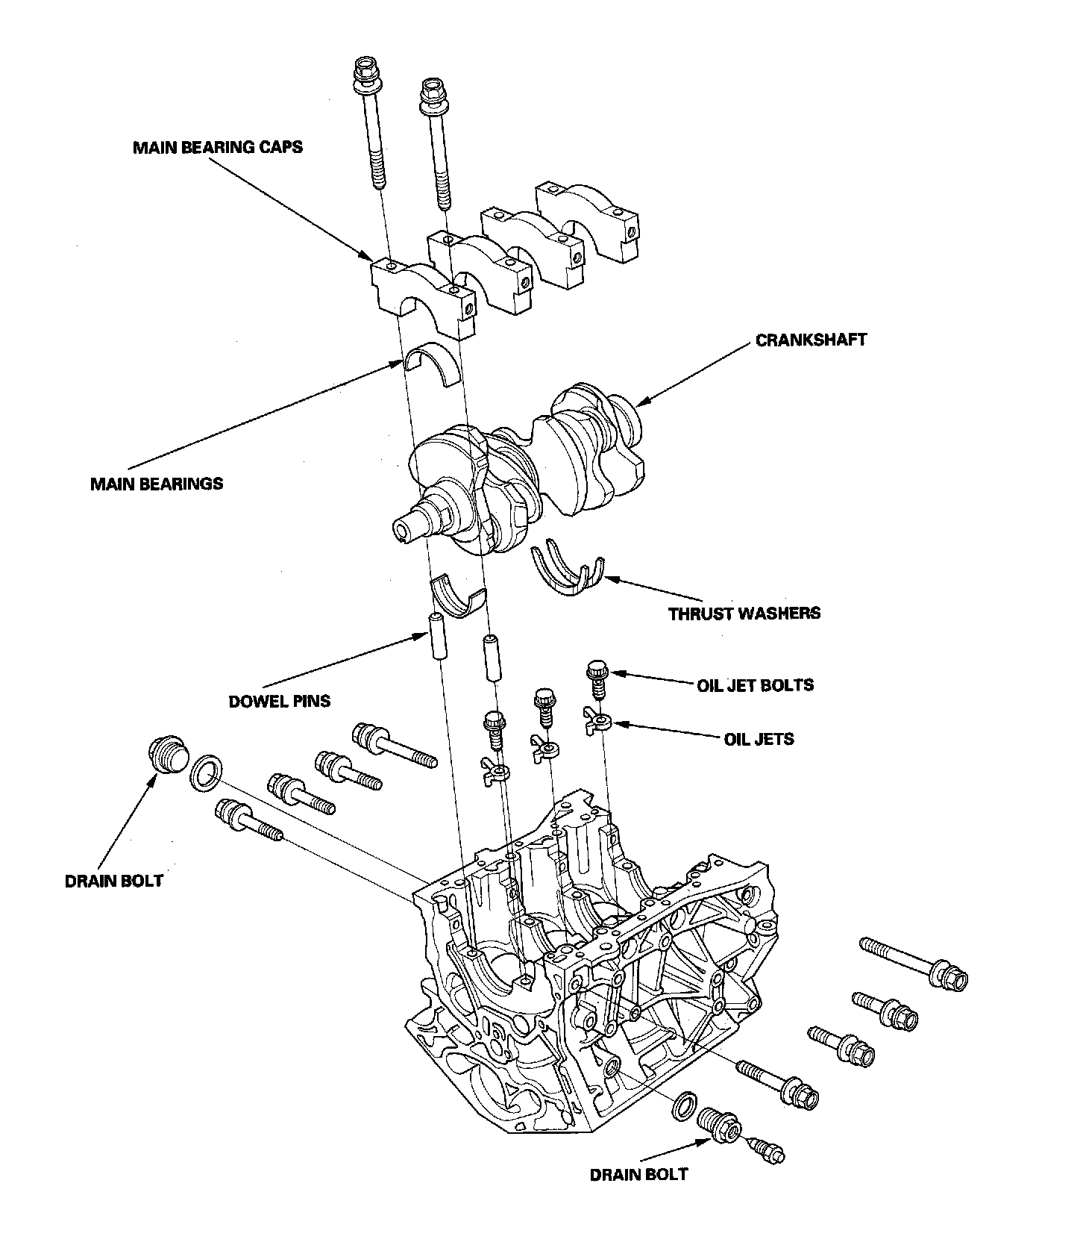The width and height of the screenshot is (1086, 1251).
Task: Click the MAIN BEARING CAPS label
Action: tap(217, 147)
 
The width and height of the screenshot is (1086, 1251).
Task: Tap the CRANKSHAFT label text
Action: tap(811, 340)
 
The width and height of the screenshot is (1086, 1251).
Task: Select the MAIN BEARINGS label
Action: tap(156, 484)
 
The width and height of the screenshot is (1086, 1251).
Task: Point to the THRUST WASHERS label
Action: tap(744, 614)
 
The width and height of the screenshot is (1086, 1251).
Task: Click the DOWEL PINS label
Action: tap(279, 701)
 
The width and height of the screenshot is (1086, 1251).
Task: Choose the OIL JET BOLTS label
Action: tap(755, 684)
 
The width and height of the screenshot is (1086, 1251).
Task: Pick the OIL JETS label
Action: tap(759, 739)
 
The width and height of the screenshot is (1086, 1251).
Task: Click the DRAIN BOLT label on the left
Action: tap(113, 880)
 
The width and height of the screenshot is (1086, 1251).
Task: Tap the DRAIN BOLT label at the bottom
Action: tap(638, 1174)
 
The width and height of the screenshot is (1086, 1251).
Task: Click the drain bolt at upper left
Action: tap(165, 755)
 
